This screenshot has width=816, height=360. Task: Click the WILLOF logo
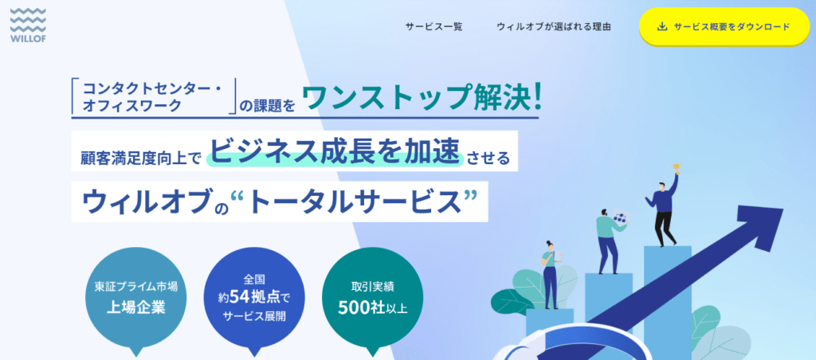28,24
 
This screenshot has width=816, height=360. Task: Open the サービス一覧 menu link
433,26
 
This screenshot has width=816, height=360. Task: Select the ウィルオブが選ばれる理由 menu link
554,26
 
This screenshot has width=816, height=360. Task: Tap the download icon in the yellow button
662,26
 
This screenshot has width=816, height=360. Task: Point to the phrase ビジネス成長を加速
335,151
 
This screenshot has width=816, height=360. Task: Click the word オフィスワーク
132,106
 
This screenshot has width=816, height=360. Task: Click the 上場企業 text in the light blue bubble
135,307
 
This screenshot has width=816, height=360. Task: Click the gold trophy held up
677,168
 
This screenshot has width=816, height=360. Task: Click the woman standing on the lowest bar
550,275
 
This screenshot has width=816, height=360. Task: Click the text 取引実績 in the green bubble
373,287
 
